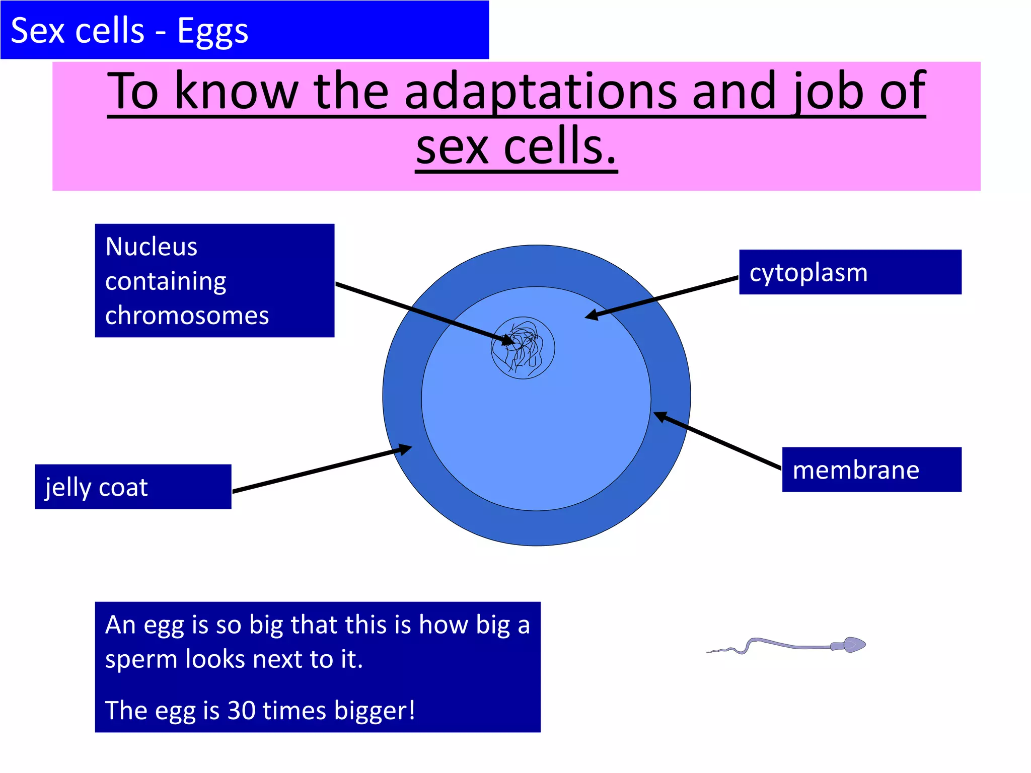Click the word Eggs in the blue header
(x=212, y=31)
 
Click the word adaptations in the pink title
(x=540, y=92)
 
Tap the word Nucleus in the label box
(x=151, y=247)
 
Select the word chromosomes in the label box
(x=187, y=316)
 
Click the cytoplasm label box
(x=850, y=272)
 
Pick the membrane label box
(x=871, y=470)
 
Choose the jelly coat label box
(x=132, y=487)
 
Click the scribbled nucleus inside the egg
(x=523, y=348)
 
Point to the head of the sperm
(x=853, y=645)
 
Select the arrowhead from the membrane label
(x=659, y=416)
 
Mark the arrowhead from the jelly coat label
(x=405, y=448)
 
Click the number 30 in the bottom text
(x=242, y=711)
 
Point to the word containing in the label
(x=166, y=281)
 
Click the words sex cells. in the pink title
(x=516, y=147)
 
